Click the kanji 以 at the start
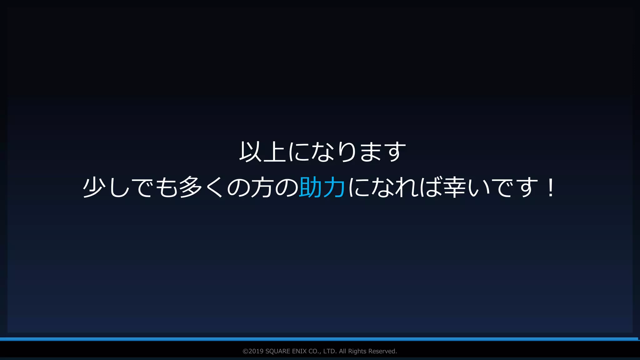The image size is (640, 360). pos(251,152)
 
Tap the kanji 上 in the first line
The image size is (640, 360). pos(275,152)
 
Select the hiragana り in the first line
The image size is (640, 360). pos(347,152)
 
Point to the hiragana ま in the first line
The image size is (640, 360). pos(371,152)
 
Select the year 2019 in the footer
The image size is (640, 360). pos(256,351)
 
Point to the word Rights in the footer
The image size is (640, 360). pos(357,351)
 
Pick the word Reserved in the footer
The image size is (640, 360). pos(382,351)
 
